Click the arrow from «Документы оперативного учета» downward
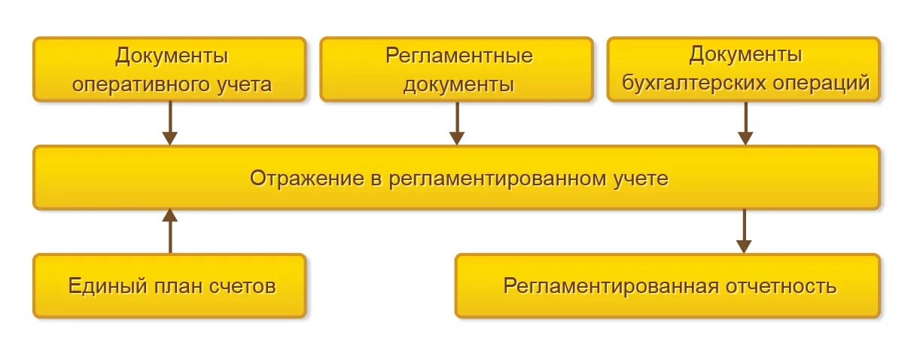pos(170,123)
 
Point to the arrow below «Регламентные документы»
pos(457,123)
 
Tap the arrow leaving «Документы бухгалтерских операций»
pos(745,123)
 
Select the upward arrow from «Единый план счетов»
pos(170,231)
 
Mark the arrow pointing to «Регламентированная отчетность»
pos(744,231)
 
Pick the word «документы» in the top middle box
pos(459,84)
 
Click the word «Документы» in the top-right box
pos(745,56)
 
